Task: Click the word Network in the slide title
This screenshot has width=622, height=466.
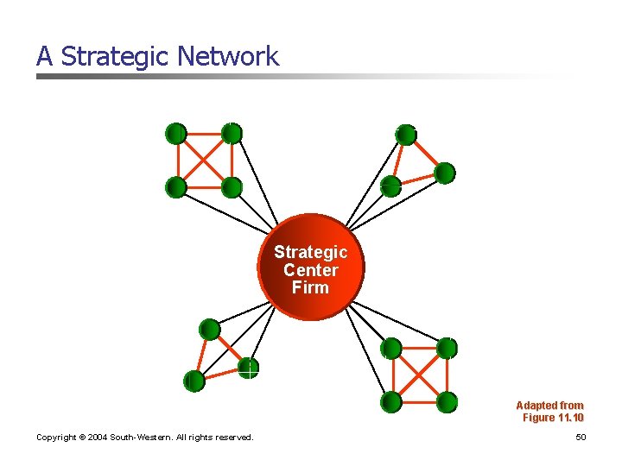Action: (228, 57)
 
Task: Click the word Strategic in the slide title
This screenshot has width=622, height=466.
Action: (116, 57)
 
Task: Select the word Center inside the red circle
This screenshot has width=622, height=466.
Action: (311, 270)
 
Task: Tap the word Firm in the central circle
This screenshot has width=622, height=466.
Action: (311, 287)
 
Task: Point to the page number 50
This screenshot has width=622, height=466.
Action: (581, 438)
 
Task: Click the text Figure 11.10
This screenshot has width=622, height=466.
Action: (553, 418)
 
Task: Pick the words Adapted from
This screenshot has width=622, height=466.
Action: (549, 406)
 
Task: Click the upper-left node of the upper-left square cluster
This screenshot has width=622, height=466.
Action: (176, 133)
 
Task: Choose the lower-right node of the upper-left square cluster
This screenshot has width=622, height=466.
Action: (231, 186)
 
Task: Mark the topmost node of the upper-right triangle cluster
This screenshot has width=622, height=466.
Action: (406, 135)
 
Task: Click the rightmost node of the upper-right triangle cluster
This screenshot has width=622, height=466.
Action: (444, 173)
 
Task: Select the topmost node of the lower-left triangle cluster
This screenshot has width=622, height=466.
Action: (210, 329)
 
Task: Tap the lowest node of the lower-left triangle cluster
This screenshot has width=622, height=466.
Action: (194, 380)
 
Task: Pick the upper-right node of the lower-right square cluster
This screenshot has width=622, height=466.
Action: (446, 348)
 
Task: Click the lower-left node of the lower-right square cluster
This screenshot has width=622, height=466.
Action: (392, 401)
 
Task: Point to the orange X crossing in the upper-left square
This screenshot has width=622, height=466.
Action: (204, 160)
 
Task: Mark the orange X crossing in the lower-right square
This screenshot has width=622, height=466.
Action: (419, 375)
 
